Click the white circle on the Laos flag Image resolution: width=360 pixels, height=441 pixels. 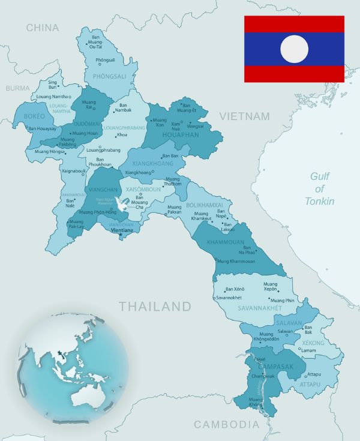(294, 49)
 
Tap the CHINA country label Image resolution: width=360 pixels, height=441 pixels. (42, 28)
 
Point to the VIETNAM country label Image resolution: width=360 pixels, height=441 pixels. (244, 116)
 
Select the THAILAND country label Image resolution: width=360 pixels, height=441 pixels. (155, 307)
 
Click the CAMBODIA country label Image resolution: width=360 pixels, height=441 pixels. (226, 425)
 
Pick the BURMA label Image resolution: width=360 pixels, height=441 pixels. (17, 88)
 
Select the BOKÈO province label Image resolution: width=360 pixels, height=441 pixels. (34, 116)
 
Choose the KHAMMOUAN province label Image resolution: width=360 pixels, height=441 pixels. (226, 242)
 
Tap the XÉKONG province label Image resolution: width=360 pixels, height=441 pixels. (313, 343)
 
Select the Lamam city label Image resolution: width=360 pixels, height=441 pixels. (308, 350)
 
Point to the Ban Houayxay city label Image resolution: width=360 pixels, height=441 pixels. (42, 128)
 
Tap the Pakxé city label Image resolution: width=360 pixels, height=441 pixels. (259, 359)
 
